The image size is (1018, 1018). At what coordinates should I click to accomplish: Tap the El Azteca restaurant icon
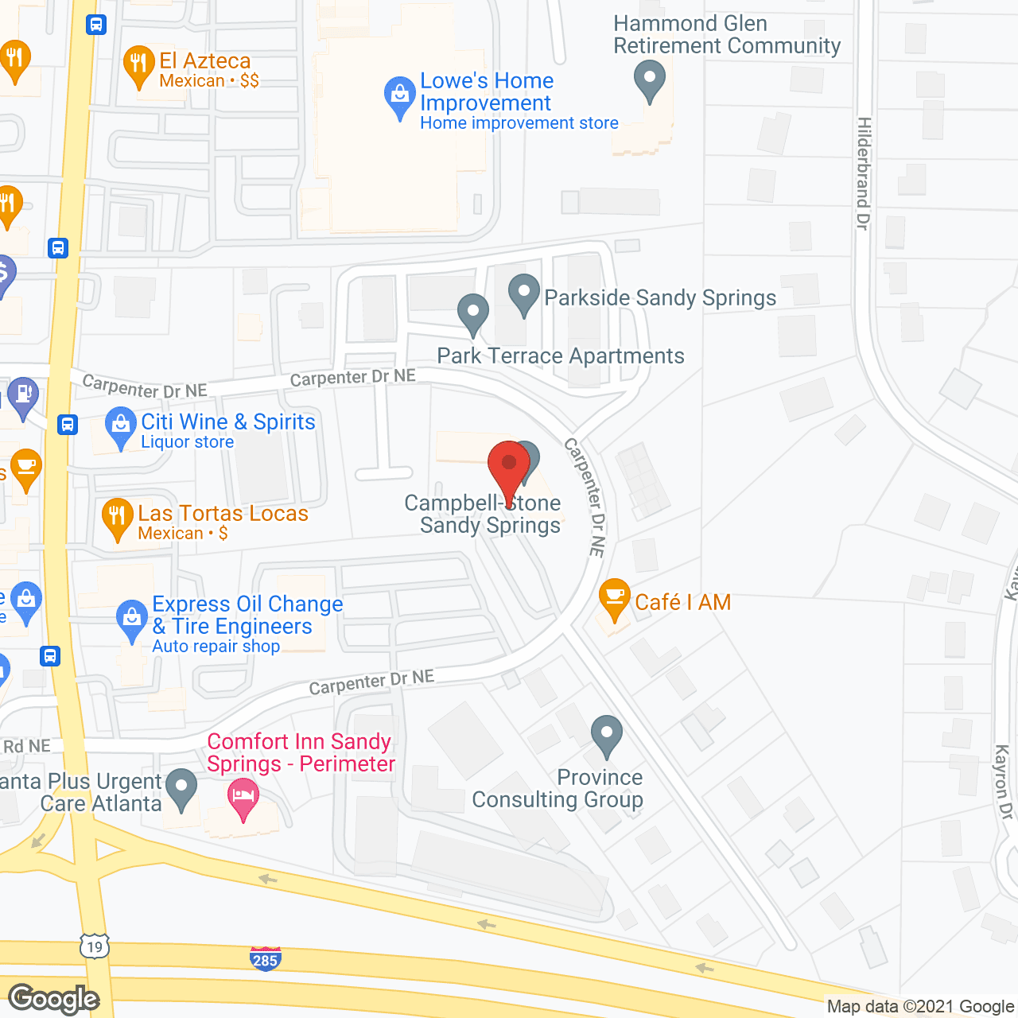(x=138, y=64)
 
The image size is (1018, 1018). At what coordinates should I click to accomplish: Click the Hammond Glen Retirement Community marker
(x=650, y=80)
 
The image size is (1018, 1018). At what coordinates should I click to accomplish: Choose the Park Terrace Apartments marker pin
(x=473, y=313)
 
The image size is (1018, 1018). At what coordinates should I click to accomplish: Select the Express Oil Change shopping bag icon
(x=132, y=620)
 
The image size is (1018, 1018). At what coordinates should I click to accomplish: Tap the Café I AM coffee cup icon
(x=614, y=598)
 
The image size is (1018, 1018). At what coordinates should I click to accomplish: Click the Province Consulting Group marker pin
(x=607, y=734)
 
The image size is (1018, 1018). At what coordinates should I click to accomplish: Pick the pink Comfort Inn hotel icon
(x=243, y=797)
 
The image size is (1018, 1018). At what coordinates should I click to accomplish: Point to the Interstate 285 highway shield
(x=265, y=958)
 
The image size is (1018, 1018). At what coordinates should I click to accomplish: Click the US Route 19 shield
(x=95, y=946)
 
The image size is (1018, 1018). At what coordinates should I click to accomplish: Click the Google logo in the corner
(x=54, y=999)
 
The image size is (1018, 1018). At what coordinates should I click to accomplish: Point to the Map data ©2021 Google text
(x=920, y=1007)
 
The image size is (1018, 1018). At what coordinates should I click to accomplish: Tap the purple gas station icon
(x=23, y=395)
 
